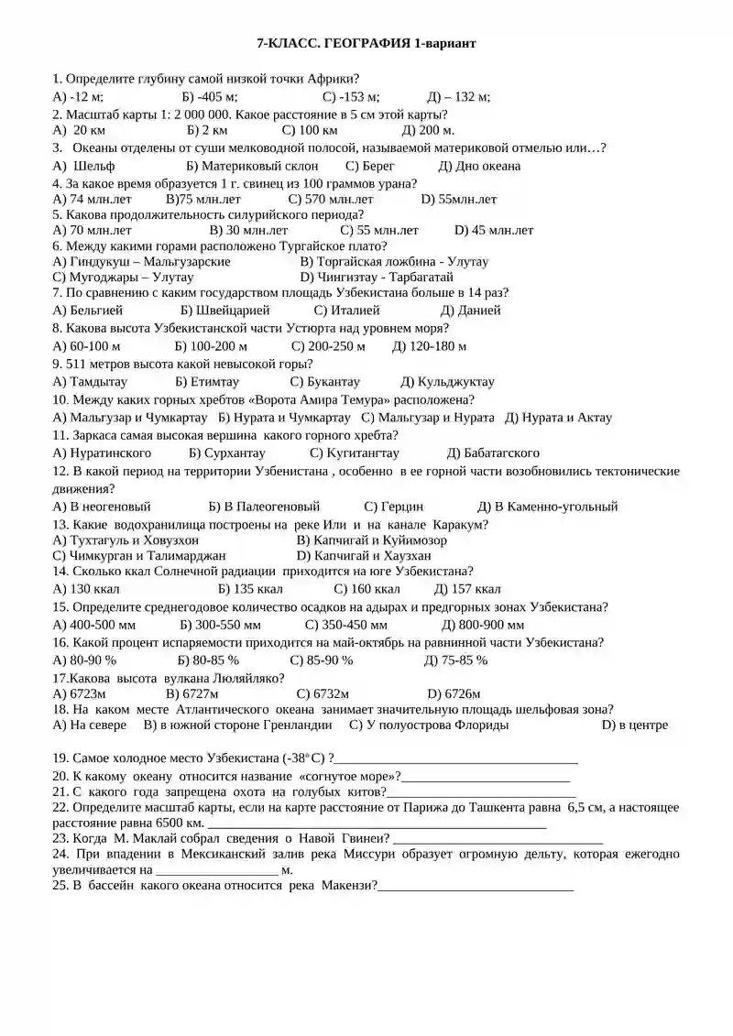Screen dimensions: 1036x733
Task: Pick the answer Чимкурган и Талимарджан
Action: (x=139, y=555)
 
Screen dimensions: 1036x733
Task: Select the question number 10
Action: (x=60, y=399)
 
